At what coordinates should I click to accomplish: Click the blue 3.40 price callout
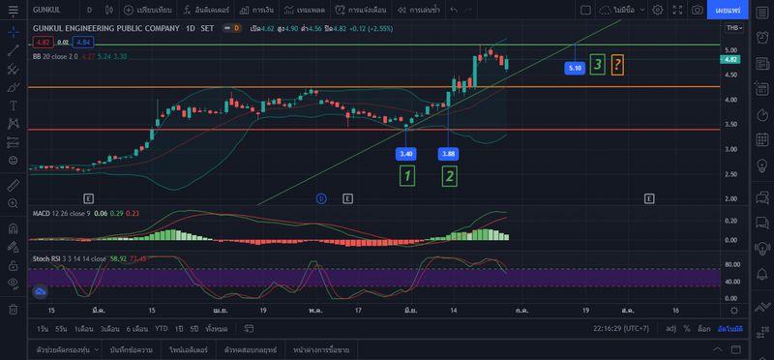pyautogui.click(x=406, y=154)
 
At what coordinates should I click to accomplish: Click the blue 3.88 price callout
pyautogui.click(x=449, y=154)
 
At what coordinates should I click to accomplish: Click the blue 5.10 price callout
pyautogui.click(x=575, y=68)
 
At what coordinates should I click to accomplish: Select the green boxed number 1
pyautogui.click(x=407, y=175)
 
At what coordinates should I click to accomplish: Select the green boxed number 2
pyautogui.click(x=450, y=175)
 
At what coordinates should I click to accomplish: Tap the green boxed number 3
pyautogui.click(x=598, y=65)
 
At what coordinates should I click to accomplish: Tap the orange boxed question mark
pyautogui.click(x=618, y=65)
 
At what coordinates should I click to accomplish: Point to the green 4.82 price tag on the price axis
pyautogui.click(x=731, y=59)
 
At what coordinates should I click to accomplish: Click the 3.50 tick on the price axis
pyautogui.click(x=731, y=124)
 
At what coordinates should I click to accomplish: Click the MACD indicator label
pyautogui.click(x=42, y=213)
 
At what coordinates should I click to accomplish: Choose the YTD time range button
pyautogui.click(x=162, y=328)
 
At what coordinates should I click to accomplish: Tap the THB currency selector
pyautogui.click(x=734, y=28)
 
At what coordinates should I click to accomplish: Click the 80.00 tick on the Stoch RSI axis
pyautogui.click(x=732, y=263)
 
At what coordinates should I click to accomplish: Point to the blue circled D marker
pyautogui.click(x=321, y=197)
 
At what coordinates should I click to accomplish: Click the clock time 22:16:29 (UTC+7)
pyautogui.click(x=621, y=328)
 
